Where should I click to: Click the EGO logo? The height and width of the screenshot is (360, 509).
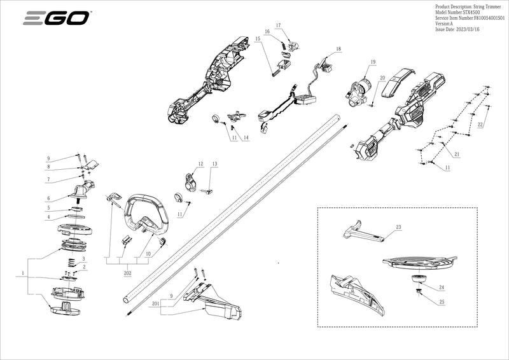point(56,19)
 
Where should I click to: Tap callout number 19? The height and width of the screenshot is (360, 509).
point(373,62)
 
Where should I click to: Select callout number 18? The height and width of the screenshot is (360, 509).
point(338,49)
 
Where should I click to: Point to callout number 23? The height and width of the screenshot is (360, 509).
point(398,227)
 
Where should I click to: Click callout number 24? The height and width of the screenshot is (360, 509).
point(442,287)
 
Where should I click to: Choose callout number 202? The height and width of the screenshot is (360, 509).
point(127,272)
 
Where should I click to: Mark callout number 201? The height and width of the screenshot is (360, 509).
point(155,305)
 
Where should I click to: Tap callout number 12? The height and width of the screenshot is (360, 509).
point(200,164)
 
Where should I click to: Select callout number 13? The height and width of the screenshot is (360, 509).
point(214,164)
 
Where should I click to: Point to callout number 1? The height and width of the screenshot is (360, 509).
point(24,273)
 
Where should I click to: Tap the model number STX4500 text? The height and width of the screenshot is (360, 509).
point(457,13)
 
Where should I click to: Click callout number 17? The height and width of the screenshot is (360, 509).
point(277,25)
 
